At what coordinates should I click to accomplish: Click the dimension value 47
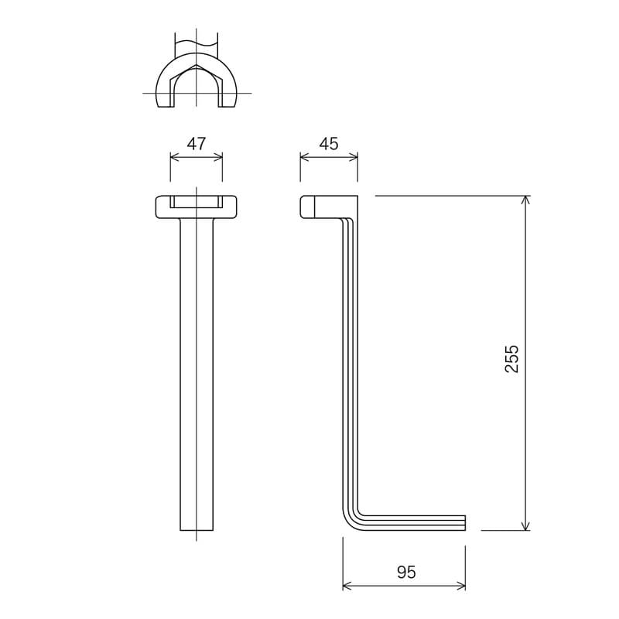[x=197, y=144]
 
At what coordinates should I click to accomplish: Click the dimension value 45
[x=329, y=144]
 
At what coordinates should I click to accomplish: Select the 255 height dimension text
[x=512, y=359]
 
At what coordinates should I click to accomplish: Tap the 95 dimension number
[x=406, y=573]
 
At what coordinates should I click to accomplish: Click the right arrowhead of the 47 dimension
[x=218, y=158]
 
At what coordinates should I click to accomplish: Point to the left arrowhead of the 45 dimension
[x=304, y=158]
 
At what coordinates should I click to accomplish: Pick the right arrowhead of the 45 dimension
[x=354, y=158]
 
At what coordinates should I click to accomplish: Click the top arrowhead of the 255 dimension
[x=525, y=200]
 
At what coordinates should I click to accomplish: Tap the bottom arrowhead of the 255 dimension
[x=525, y=526]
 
